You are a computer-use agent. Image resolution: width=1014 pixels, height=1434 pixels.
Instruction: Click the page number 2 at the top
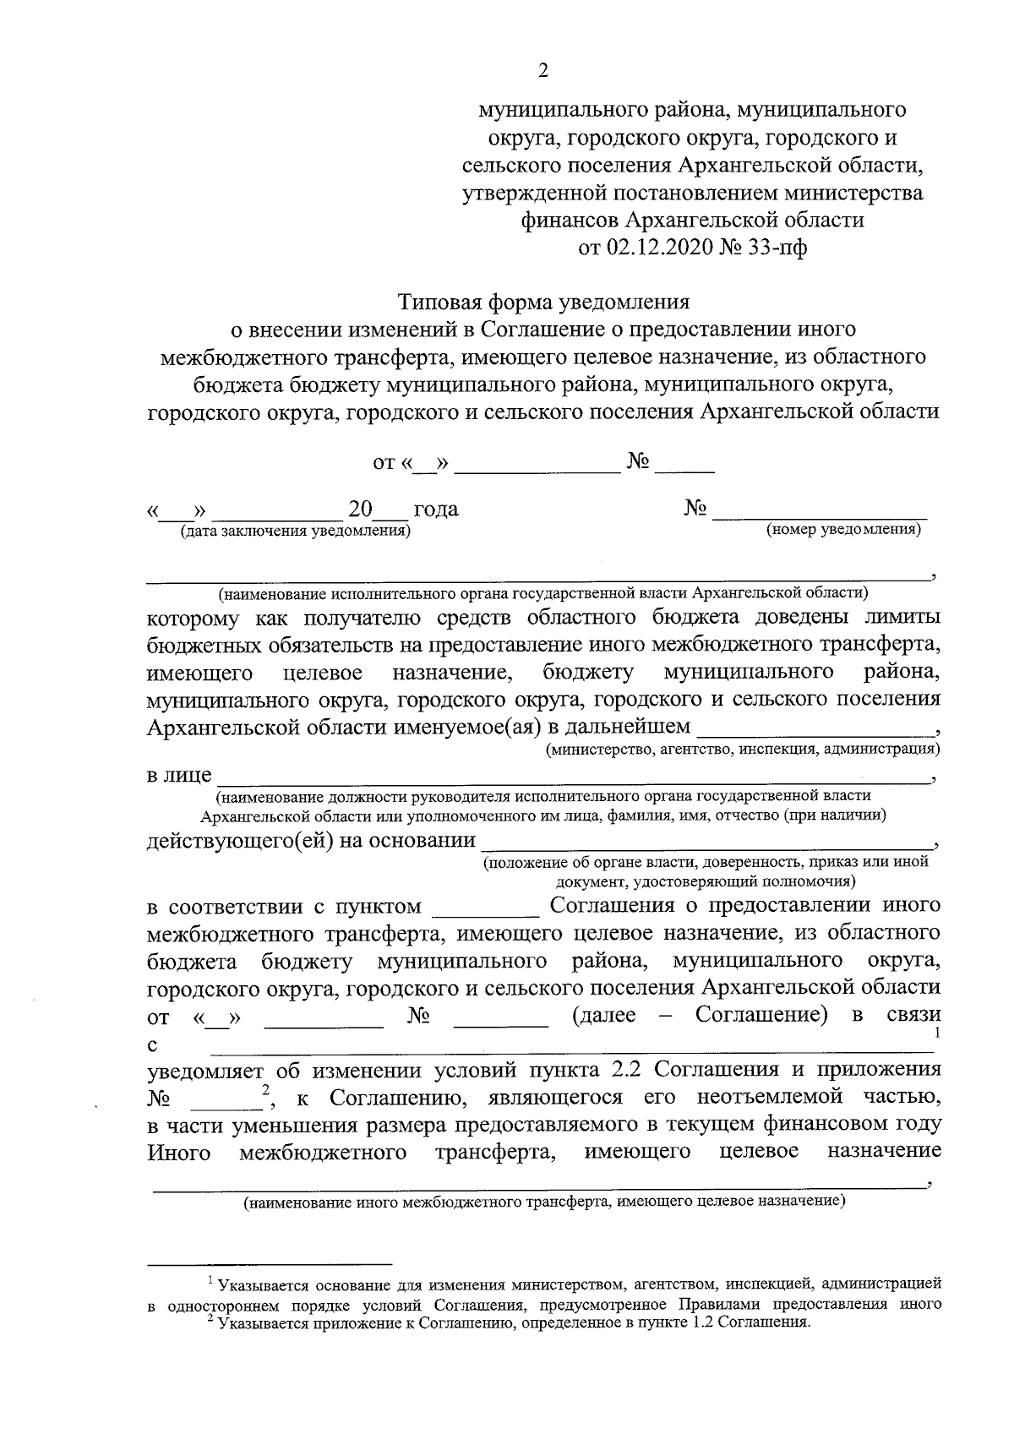(x=543, y=71)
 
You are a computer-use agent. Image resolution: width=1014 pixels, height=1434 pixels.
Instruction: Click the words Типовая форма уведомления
(x=543, y=302)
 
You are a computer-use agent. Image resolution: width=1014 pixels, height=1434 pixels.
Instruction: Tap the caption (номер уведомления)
(x=842, y=530)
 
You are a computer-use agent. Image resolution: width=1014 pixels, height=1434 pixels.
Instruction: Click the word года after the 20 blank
(x=435, y=510)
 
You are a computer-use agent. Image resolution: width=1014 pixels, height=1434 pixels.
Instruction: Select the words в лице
(x=179, y=775)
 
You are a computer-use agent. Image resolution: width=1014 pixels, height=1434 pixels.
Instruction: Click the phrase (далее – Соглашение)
(x=699, y=1014)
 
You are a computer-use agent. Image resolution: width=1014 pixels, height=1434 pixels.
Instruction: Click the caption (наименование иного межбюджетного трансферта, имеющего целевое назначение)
(x=544, y=1201)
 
